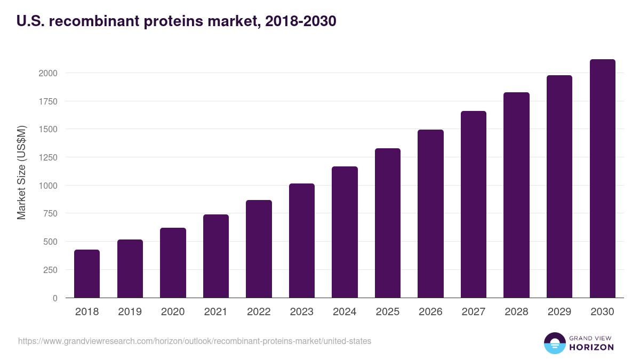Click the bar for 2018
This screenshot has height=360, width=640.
pos(87,274)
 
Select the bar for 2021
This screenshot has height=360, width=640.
pos(216,256)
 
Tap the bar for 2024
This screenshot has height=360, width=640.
pos(345,232)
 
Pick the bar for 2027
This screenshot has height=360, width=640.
pos(474,204)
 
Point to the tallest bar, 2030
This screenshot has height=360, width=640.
pos(602,179)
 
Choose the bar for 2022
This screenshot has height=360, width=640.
pos(259,249)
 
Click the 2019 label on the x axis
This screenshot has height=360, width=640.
pos(130,312)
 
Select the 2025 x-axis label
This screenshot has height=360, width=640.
pos(387,312)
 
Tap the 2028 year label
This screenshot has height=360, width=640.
pos(516,312)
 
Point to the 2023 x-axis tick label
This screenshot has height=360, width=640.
pos(301,312)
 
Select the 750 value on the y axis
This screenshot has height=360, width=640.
pos(51,214)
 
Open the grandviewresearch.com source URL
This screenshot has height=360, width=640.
pos(195,341)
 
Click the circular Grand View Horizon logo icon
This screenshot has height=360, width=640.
pos(554,343)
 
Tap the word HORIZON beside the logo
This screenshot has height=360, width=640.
pos(591,347)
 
